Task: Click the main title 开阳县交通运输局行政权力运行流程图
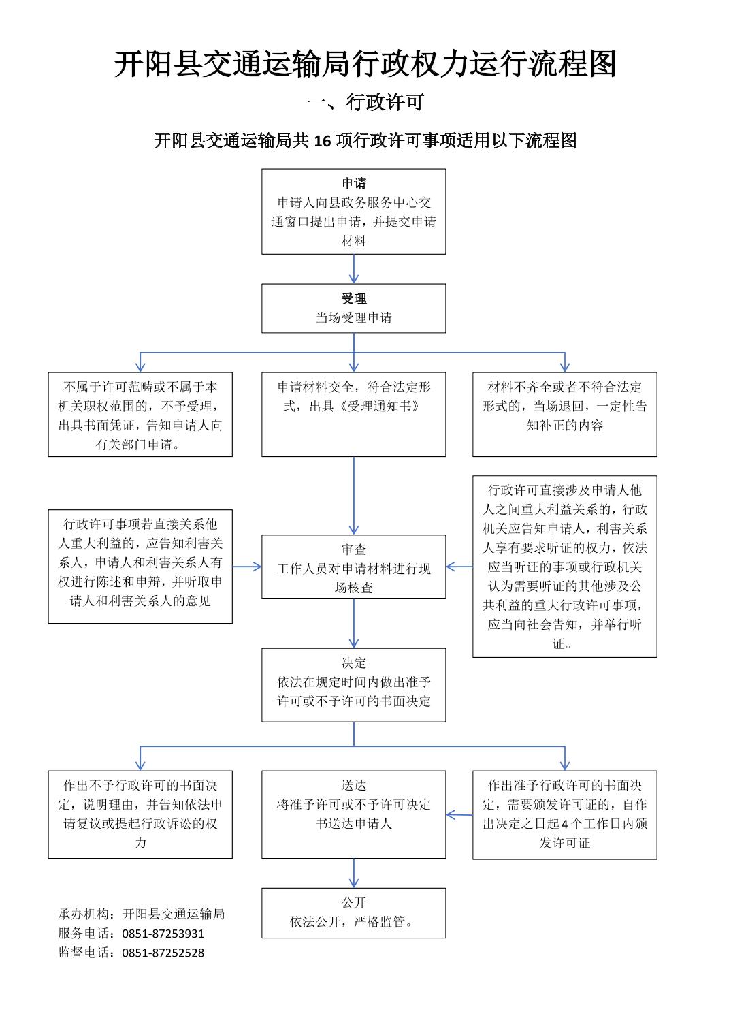365,64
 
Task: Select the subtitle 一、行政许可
365,102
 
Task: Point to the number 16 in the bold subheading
323,140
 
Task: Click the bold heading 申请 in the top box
354,183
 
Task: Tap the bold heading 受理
354,298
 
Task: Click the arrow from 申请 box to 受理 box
354,269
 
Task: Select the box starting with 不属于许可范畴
140,415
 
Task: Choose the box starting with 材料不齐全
565,415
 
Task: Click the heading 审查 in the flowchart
354,550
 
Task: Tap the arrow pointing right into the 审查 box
247,567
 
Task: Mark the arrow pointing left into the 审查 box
459,567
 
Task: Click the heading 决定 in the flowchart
354,663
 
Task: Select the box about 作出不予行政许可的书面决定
140,814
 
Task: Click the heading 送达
354,786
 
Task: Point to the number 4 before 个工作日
564,824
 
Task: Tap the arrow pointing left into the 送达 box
459,814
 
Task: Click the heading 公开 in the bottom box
354,902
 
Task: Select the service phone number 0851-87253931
163,934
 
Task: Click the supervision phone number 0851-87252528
163,953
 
